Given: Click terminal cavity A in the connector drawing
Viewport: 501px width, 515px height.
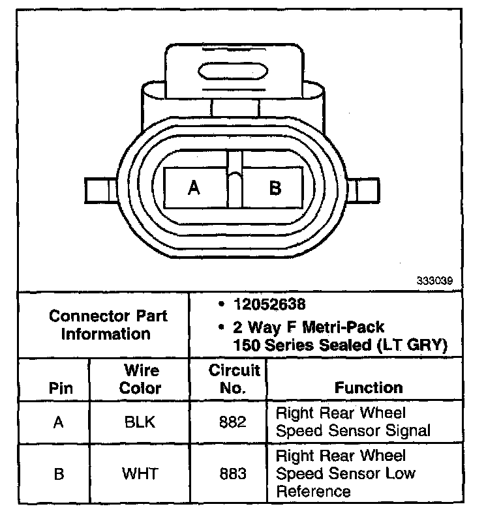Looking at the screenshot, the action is click(194, 188).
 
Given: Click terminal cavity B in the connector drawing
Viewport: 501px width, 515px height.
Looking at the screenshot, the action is click(274, 188).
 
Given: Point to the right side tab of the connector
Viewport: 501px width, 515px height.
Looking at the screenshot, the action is click(365, 190).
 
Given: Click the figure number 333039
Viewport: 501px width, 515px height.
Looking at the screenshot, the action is click(434, 282).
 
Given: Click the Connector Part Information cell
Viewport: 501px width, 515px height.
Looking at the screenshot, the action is click(108, 325).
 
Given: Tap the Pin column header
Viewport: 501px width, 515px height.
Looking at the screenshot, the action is click(61, 389).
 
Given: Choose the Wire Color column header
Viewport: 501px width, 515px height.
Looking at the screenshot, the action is click(141, 379).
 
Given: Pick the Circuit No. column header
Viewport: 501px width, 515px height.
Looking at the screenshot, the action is click(234, 379).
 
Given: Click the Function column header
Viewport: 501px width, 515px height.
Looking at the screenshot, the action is click(368, 388).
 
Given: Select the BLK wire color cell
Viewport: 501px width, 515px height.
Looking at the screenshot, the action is click(140, 422).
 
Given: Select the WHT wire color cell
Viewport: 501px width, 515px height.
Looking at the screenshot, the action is click(140, 473).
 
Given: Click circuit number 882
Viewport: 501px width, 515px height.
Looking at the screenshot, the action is click(233, 422).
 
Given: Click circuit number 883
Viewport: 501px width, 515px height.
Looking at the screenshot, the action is click(233, 473).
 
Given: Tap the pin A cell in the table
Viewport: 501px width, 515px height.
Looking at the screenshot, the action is click(59, 422).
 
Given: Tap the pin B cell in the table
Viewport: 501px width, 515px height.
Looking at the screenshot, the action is click(59, 473).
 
